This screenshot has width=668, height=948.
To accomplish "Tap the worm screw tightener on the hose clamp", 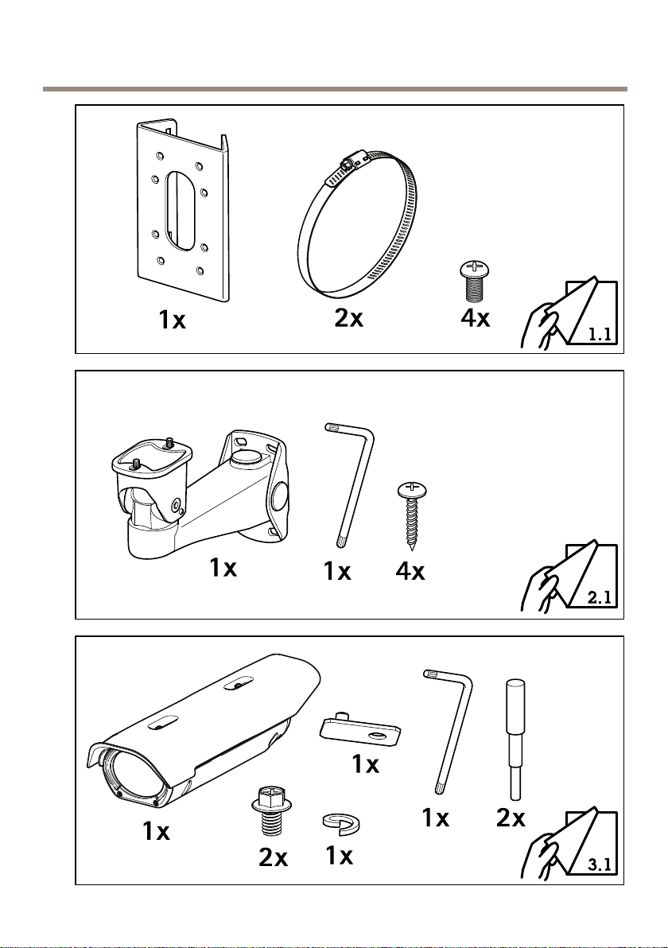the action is [348, 165].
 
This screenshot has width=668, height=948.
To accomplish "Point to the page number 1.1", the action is [600, 336].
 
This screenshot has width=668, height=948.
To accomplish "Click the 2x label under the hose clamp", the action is [348, 318].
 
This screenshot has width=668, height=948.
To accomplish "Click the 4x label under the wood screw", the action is [410, 571].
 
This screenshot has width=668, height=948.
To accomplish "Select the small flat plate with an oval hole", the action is [359, 728].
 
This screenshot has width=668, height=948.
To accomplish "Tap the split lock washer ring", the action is [338, 825].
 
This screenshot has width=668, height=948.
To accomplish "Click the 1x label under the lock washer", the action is [340, 857].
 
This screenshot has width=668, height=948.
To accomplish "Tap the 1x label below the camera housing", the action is [156, 832].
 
